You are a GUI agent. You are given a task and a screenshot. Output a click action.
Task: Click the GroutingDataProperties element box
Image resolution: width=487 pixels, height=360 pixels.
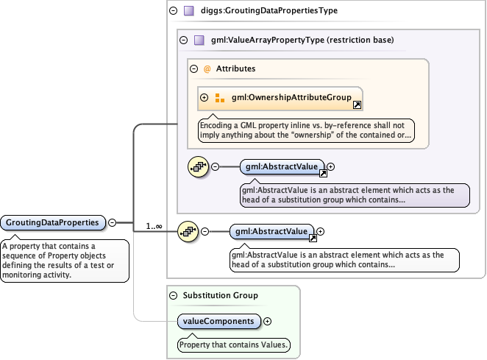point(53,222)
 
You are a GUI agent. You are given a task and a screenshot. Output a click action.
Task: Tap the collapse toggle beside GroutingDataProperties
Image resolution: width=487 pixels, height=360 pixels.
point(113,222)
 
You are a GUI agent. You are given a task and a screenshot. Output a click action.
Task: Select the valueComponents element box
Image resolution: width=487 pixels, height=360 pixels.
point(219,321)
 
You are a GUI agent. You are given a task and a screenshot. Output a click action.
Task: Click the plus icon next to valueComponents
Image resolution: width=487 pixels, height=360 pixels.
point(267,321)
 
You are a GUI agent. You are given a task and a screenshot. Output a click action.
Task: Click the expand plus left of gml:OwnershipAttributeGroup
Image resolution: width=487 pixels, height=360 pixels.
point(205,97)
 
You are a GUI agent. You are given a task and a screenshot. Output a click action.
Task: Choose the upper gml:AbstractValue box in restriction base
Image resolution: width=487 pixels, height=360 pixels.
point(282,167)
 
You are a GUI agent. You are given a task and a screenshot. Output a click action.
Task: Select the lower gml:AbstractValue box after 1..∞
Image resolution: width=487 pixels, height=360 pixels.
point(271,232)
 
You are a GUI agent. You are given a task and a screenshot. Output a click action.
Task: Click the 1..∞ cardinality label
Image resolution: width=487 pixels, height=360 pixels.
point(154,226)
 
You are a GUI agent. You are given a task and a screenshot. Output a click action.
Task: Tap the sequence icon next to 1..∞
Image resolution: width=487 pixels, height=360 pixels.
point(187,232)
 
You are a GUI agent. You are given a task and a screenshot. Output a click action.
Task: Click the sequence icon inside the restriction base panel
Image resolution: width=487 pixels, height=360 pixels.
point(199,167)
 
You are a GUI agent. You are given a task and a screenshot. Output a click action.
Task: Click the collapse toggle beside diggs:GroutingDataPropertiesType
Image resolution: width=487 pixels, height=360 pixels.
point(173,11)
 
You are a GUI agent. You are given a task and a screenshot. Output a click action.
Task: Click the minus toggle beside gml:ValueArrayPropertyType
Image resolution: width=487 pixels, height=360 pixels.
point(184,40)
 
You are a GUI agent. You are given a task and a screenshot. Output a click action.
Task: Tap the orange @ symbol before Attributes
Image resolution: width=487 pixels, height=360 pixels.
point(207,68)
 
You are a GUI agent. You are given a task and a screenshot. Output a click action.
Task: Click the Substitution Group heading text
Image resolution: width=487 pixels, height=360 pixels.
point(219,295)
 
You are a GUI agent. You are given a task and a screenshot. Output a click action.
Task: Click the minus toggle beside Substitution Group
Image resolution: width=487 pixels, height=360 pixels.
point(173,295)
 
